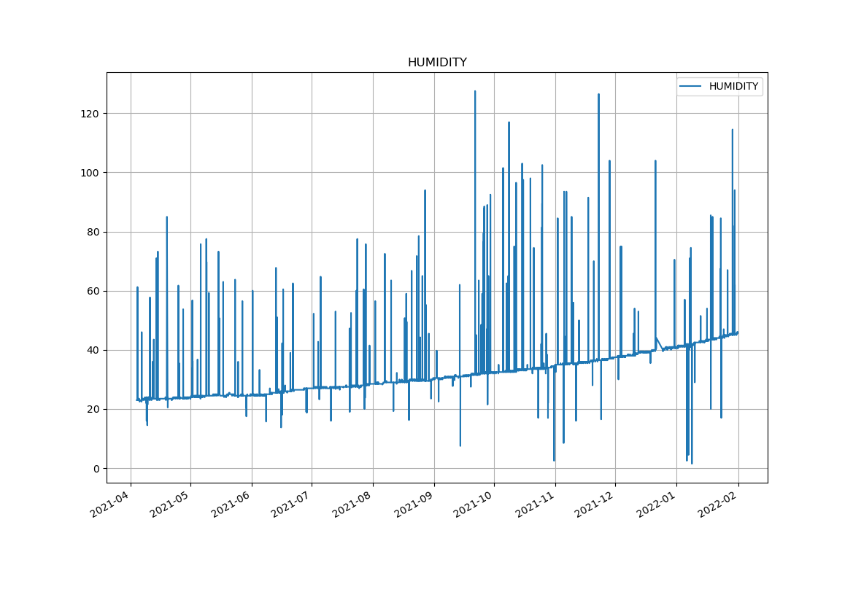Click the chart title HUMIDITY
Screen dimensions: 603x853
(437, 63)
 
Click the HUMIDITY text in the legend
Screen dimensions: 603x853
(733, 87)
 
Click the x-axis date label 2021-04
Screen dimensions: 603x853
(109, 504)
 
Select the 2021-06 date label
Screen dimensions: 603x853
(231, 504)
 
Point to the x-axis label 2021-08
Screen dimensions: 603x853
(352, 504)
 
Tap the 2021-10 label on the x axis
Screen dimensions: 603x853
(473, 504)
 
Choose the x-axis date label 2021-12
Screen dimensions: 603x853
(594, 504)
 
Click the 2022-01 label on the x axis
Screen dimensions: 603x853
(655, 504)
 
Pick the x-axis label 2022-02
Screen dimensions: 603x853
(717, 504)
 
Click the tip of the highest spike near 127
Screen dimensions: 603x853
(475, 91)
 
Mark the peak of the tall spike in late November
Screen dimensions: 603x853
(598, 94)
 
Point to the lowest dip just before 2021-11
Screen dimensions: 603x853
(554, 460)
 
